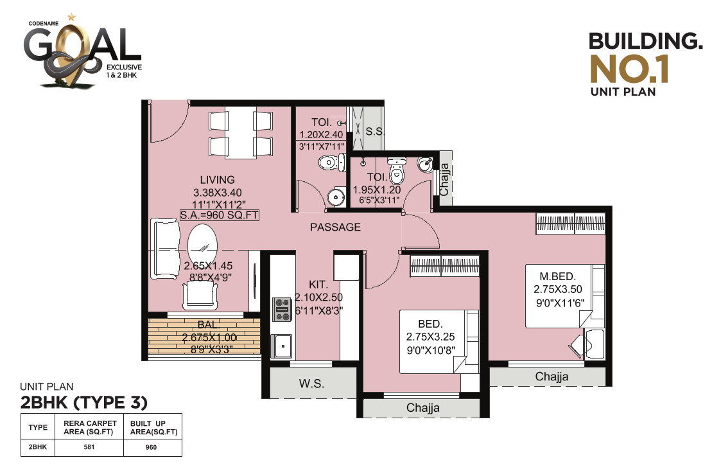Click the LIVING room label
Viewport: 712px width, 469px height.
tap(218, 180)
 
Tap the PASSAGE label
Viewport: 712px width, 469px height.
tap(336, 227)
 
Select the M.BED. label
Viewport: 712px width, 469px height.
tap(558, 276)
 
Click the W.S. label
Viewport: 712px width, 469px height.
tap(311, 384)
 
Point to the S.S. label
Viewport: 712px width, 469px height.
tap(375, 132)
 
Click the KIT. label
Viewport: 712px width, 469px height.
tap(318, 285)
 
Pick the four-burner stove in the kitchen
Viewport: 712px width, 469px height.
tap(282, 310)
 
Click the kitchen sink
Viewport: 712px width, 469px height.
tap(282, 346)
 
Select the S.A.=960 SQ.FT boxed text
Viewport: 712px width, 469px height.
tap(220, 215)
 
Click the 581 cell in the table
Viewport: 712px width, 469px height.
tap(89, 447)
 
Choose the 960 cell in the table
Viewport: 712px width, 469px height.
tap(152, 447)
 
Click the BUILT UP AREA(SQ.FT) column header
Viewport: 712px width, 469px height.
tap(153, 428)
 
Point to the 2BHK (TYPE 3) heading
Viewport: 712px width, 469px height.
tap(84, 403)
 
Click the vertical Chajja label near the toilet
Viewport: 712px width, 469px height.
tap(444, 179)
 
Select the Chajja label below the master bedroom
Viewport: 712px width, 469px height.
tap(551, 376)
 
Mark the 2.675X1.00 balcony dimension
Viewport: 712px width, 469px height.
tap(209, 338)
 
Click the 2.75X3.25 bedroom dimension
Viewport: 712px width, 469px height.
tap(430, 337)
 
